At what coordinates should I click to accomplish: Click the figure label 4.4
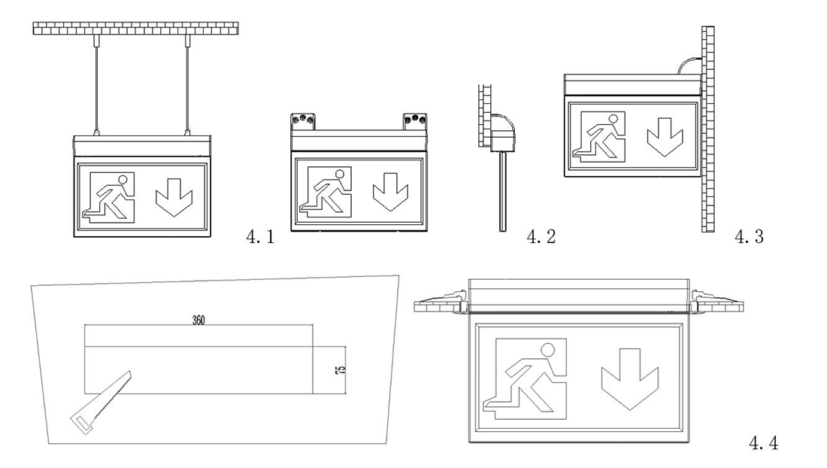coord(764,445)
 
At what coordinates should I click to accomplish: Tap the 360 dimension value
coord(199,319)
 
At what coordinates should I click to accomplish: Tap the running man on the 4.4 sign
coord(527,375)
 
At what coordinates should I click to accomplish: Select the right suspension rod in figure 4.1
coord(184,87)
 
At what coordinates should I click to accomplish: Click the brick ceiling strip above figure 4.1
coord(136,29)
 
